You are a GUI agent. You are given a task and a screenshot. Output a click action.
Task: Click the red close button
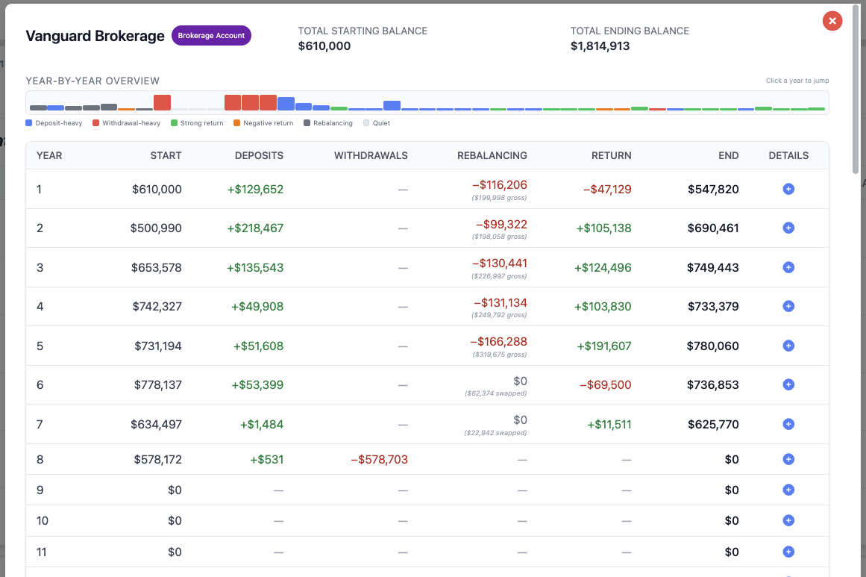pos(832,21)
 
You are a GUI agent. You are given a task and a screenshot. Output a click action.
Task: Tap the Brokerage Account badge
pos(211,35)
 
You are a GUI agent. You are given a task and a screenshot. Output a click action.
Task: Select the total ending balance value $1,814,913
pos(600,46)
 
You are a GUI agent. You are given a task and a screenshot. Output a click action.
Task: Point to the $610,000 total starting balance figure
pos(324,46)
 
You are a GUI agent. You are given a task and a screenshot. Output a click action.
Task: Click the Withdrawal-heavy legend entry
pos(127,123)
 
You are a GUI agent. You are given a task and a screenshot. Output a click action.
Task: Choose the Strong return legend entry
pos(197,123)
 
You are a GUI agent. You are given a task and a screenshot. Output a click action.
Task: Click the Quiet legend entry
pos(377,123)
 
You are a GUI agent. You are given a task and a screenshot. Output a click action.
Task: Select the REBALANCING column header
pos(492,156)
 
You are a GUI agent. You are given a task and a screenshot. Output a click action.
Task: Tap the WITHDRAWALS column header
pos(371,156)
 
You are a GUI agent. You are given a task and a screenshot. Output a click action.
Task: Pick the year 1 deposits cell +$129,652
pos(255,189)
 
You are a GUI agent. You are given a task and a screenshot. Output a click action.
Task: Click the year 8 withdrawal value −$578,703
pos(380,459)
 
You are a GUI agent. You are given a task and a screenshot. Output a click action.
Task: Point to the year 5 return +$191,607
pos(604,346)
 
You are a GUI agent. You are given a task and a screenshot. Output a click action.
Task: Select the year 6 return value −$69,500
pos(606,384)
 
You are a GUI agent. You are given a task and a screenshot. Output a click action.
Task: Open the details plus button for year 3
pos(788,267)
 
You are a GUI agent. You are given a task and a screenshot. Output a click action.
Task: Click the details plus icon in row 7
pos(788,424)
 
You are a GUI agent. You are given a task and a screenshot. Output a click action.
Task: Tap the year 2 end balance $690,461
pos(713,228)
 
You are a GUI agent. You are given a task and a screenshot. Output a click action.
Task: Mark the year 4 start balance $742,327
pos(157,307)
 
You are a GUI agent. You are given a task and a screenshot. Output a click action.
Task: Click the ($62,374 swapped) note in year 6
pos(495,393)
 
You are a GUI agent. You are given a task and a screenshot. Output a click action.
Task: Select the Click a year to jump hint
pos(797,81)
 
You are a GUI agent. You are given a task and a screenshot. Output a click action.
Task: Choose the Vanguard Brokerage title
pos(95,36)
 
